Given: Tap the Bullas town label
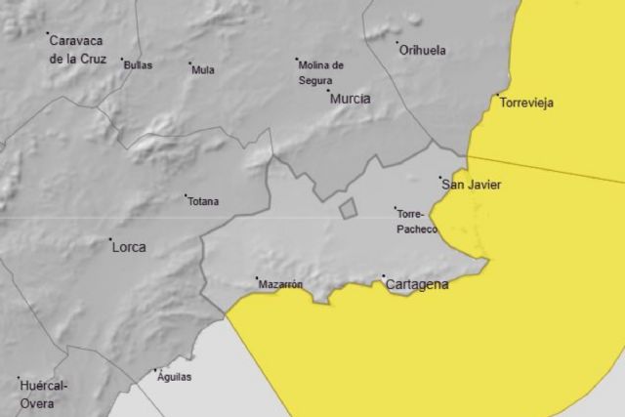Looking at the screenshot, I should pos(138,63).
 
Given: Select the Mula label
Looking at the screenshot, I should pos(203,70).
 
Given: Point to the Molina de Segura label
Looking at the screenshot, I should pos(321,72).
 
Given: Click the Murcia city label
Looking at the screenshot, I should pos(351,99).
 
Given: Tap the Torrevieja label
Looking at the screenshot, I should pos(526,102).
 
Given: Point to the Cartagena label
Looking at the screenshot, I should pos(417,285).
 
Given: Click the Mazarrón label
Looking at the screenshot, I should pos(280,285).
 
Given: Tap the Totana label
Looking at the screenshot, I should pos(203,202).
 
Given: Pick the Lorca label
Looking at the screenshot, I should pos(129,247).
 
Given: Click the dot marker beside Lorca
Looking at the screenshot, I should pos(111,240).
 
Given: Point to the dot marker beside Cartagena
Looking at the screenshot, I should pos(384,277).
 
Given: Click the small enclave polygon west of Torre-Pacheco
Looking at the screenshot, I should pos(347,208).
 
